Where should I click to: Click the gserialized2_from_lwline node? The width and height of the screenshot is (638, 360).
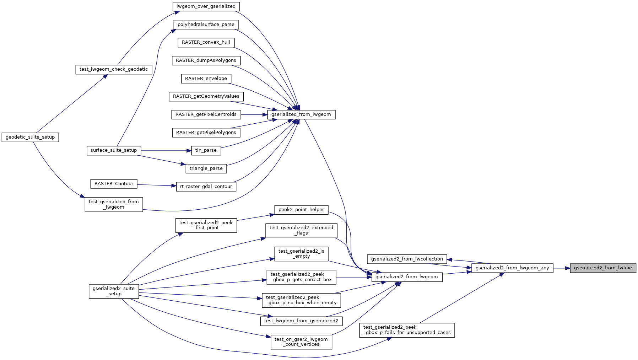coord(603,268)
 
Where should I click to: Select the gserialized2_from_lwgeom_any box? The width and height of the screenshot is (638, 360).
coord(512,268)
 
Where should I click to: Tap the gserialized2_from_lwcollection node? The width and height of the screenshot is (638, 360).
coord(407,259)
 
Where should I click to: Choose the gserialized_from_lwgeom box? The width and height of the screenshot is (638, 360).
coord(301,114)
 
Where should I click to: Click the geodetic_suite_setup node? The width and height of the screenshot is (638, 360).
coord(30,137)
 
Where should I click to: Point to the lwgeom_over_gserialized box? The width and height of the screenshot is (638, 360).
coord(206,6)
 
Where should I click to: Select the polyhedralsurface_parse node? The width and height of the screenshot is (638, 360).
coord(206,25)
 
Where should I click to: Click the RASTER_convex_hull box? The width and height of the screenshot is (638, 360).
coord(206,42)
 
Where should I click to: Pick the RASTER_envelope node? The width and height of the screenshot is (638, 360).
coord(206,79)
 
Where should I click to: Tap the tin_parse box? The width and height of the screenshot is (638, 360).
coord(206,150)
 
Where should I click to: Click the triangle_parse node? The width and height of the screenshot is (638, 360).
coord(206,168)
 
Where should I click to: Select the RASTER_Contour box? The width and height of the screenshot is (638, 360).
coord(114,184)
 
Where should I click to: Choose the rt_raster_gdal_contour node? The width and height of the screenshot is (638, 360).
coord(206,187)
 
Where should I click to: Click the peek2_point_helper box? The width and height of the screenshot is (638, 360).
coord(301,210)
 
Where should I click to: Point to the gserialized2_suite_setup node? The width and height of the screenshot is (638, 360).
coord(114,291)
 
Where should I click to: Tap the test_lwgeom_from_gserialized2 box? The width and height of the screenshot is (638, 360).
coord(301,321)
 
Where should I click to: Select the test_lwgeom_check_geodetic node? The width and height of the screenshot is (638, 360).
coord(114,69)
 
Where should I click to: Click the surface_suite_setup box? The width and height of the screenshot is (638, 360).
coord(114,150)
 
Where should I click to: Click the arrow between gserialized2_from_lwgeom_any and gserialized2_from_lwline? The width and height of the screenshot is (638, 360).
coord(562,268)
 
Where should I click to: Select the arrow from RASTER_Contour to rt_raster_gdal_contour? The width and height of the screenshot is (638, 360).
coord(157,185)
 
